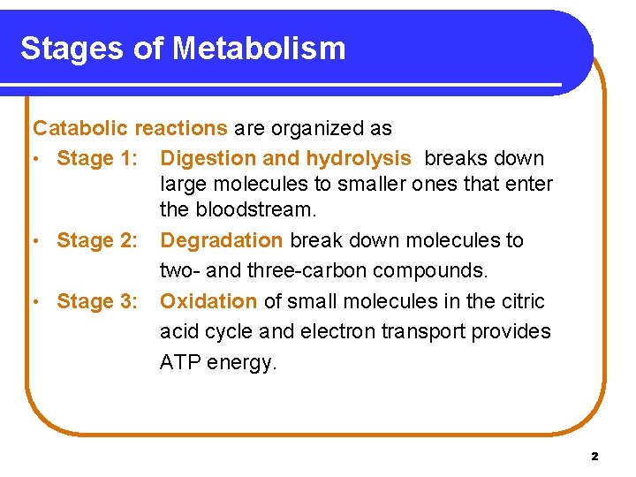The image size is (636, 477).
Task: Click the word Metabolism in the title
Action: coord(260,48)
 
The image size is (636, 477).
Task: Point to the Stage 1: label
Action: coord(97,159)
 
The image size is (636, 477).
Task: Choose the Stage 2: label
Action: coord(97,240)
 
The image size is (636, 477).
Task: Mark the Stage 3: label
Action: coord(97,301)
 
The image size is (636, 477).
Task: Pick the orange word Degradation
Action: coord(222,240)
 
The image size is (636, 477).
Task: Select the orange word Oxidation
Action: coord(208,301)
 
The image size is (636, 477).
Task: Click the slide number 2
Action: coord(594,457)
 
